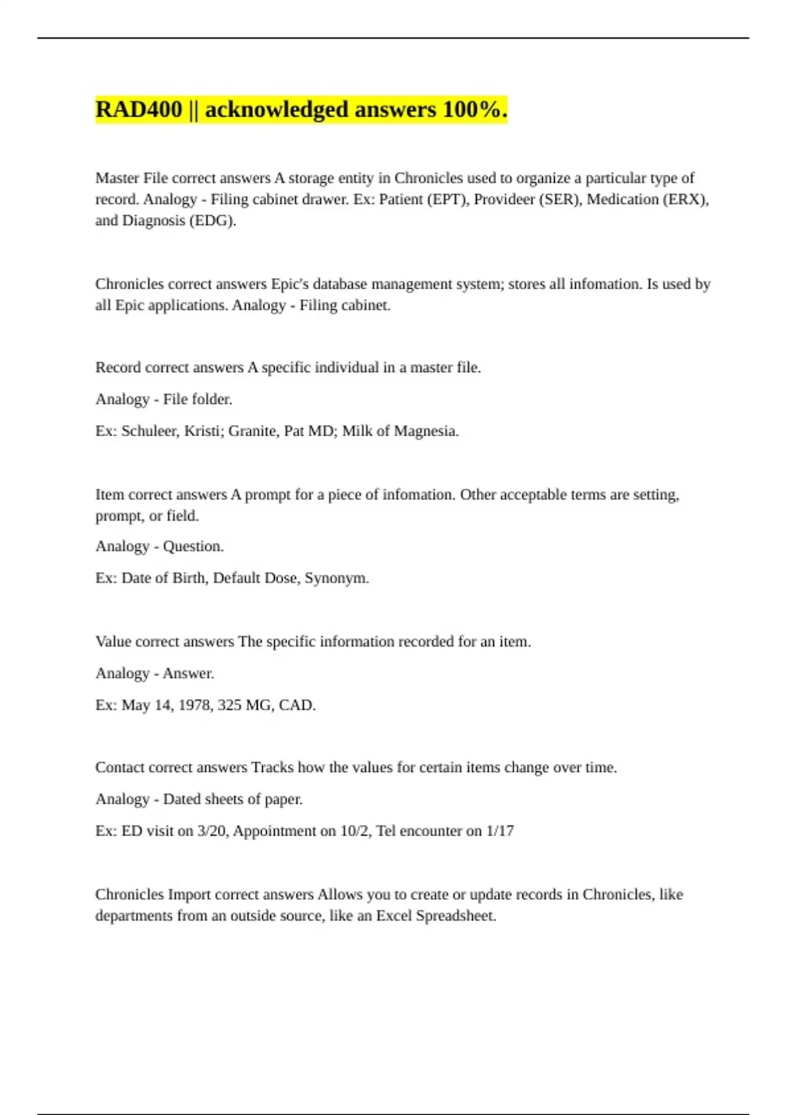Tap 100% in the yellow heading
pyautogui.click(x=475, y=110)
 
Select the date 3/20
pyautogui.click(x=212, y=831)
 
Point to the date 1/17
pyautogui.click(x=499, y=831)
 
